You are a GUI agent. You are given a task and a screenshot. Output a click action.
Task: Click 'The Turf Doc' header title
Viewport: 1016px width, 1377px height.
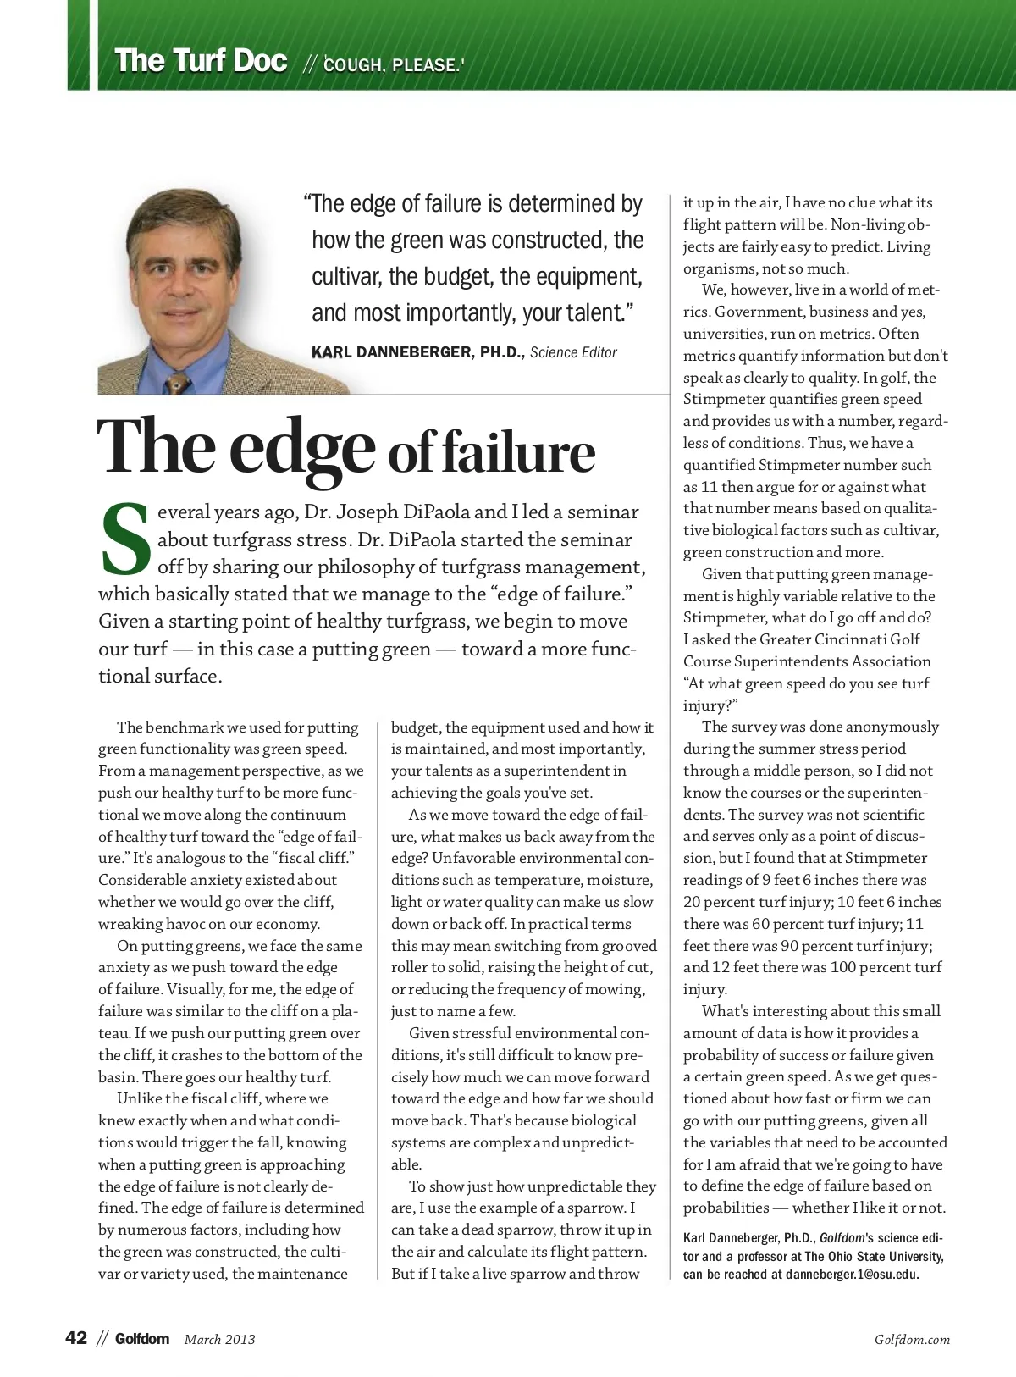(x=201, y=62)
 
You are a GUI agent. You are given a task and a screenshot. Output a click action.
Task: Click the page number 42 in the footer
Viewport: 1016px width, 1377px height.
(x=76, y=1339)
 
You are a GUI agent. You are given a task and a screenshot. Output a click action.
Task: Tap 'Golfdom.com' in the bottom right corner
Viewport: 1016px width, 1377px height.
(x=912, y=1340)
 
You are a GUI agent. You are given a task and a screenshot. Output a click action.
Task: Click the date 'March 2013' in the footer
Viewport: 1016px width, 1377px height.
(x=219, y=1340)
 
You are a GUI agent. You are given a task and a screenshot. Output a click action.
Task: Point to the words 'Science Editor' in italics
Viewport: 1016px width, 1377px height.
(x=574, y=352)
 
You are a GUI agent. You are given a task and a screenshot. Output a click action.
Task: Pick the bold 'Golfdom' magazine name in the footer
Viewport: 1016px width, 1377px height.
(x=142, y=1339)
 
